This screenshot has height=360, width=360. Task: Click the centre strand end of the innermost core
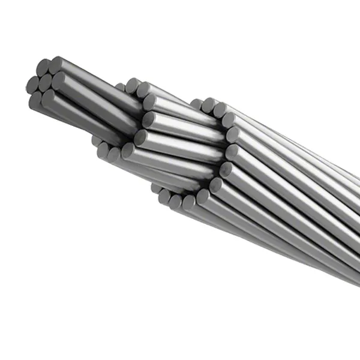tap(47, 83)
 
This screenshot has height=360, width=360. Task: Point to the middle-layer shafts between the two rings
tap(180, 132)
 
